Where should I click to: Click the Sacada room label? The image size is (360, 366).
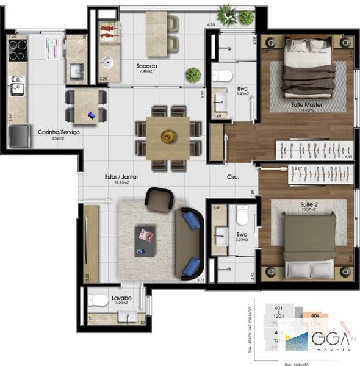click(x=148, y=65)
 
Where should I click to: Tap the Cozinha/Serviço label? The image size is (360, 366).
click(x=59, y=132)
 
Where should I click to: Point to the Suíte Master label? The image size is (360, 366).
click(x=307, y=105)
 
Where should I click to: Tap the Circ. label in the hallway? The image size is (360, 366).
click(x=232, y=177)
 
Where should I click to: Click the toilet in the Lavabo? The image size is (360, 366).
click(x=98, y=299)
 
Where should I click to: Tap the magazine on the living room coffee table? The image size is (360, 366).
click(x=145, y=235)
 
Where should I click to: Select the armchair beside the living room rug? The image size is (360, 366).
click(x=160, y=199)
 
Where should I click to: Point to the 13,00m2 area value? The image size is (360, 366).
click(x=307, y=110)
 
